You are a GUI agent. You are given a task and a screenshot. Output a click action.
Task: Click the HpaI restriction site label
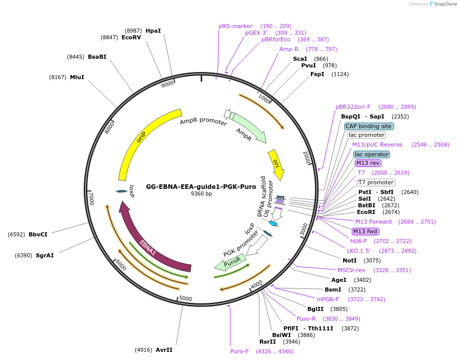pyautogui.click(x=153, y=31)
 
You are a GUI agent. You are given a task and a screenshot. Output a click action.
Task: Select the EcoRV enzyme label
pyautogui.click(x=131, y=37)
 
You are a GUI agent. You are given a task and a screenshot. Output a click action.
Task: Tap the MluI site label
pyautogui.click(x=77, y=77)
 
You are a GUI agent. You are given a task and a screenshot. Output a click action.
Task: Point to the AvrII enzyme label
pyautogui.click(x=164, y=350)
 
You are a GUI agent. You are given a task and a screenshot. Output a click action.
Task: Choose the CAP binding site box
pyautogui.click(x=368, y=126)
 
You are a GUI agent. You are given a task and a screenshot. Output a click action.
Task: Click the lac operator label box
pyautogui.click(x=371, y=154)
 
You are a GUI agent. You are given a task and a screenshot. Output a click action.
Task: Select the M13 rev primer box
pyautogui.click(x=368, y=163)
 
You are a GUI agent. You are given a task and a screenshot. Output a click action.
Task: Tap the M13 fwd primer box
pyautogui.click(x=367, y=231)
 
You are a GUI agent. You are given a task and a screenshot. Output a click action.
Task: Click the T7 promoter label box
pyautogui.click(x=376, y=182)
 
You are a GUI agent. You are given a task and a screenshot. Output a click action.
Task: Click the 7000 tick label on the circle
pyautogui.click(x=92, y=199)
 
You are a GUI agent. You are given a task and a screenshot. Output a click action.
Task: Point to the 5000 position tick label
pyautogui.click(x=185, y=299)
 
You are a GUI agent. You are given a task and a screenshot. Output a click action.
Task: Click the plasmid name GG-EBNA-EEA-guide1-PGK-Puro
pyautogui.click(x=201, y=187)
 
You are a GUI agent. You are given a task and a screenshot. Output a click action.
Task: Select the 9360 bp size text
pyautogui.click(x=201, y=194)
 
